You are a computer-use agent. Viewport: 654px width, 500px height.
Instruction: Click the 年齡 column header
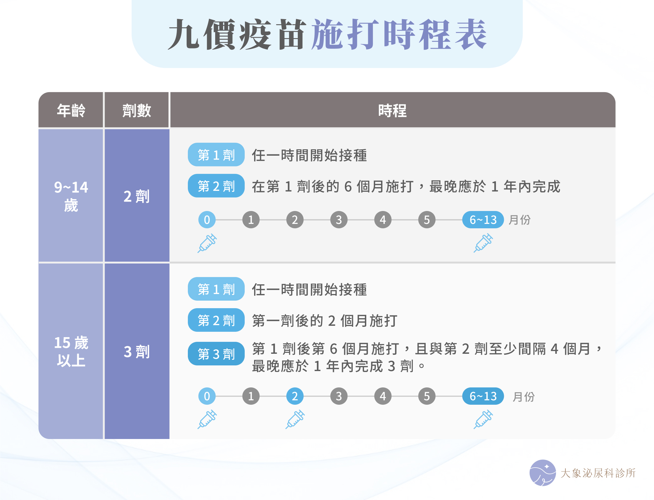tap(71, 110)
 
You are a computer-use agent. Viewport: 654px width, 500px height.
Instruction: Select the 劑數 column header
tap(137, 110)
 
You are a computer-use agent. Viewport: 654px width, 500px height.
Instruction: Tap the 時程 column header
tap(392, 110)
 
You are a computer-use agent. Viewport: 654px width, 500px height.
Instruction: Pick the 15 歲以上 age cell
tap(71, 351)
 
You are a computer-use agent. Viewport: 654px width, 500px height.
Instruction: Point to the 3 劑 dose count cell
tap(137, 351)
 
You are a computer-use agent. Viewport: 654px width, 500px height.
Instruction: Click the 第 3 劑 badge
tap(216, 354)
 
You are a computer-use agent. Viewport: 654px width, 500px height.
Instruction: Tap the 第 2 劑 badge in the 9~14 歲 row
tap(216, 186)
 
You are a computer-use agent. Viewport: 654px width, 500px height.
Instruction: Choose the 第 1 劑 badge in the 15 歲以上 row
tap(216, 289)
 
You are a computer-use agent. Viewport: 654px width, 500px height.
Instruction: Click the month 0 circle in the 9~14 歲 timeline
tap(207, 220)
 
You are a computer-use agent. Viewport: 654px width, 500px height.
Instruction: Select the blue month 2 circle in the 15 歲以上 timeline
tap(295, 396)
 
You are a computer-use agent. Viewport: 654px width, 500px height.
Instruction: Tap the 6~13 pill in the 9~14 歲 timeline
tap(483, 220)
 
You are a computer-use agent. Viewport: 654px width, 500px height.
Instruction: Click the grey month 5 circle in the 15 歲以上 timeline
tap(427, 396)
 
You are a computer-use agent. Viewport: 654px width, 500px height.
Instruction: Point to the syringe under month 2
tap(295, 419)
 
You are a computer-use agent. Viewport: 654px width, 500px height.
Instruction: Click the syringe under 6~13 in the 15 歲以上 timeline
tap(483, 419)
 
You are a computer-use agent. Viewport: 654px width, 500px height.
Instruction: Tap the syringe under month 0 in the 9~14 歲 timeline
tap(207, 243)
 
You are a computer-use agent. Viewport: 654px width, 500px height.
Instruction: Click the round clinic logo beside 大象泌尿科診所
tap(542, 473)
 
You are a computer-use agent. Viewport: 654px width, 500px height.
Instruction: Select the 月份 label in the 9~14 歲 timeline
tap(520, 220)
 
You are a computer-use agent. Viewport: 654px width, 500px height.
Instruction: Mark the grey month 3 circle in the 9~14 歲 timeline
tap(339, 220)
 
